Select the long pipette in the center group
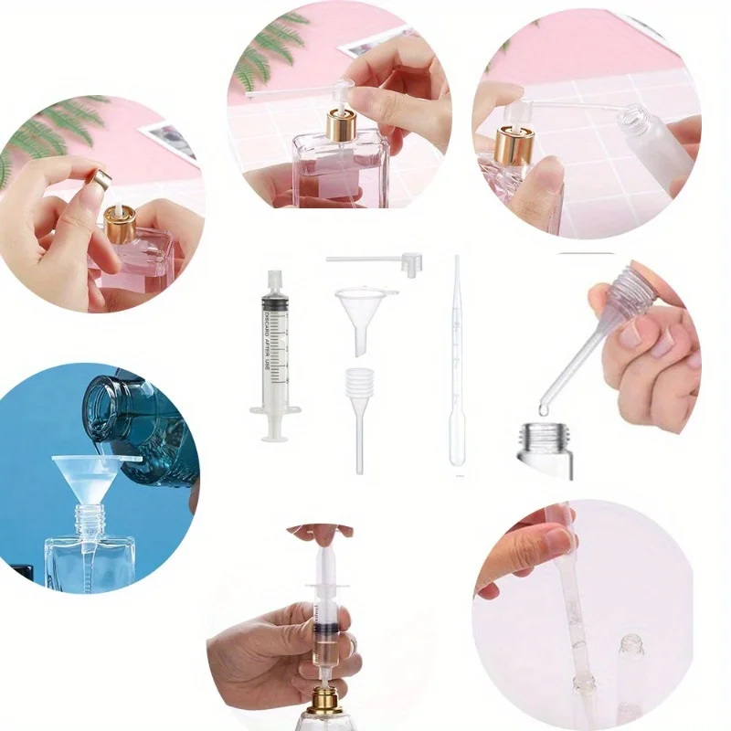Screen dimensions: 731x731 [457, 365]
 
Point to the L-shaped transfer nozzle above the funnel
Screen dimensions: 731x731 [384, 262]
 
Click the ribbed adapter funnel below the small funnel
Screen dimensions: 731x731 [361, 393]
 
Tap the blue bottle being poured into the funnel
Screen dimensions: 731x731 [137, 416]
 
